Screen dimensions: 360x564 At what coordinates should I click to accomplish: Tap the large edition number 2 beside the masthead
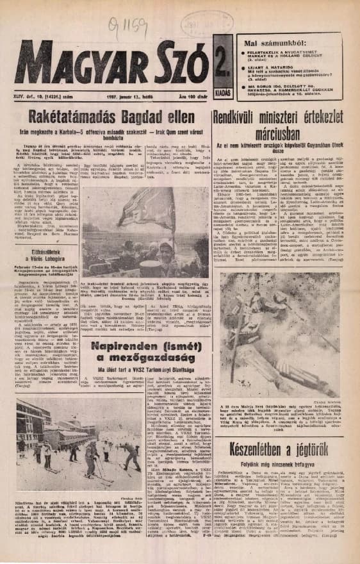tap(220, 66)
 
